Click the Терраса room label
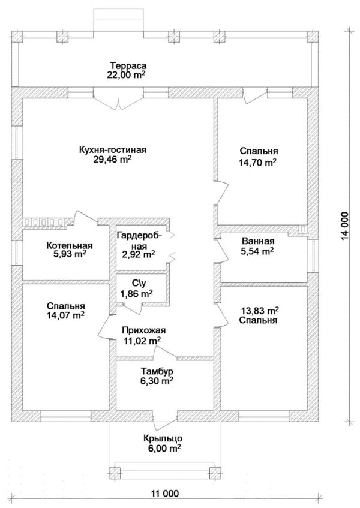coord(128,65)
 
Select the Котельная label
coord(70,245)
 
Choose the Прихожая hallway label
coord(144,330)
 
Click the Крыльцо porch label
coord(163,438)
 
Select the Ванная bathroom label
coord(258,241)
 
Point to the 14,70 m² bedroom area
coord(257,162)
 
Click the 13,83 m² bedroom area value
coord(260,311)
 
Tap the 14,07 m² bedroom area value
coord(66,315)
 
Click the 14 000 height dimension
coord(345,226)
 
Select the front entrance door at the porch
coord(165,420)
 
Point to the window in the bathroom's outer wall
coord(313,255)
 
